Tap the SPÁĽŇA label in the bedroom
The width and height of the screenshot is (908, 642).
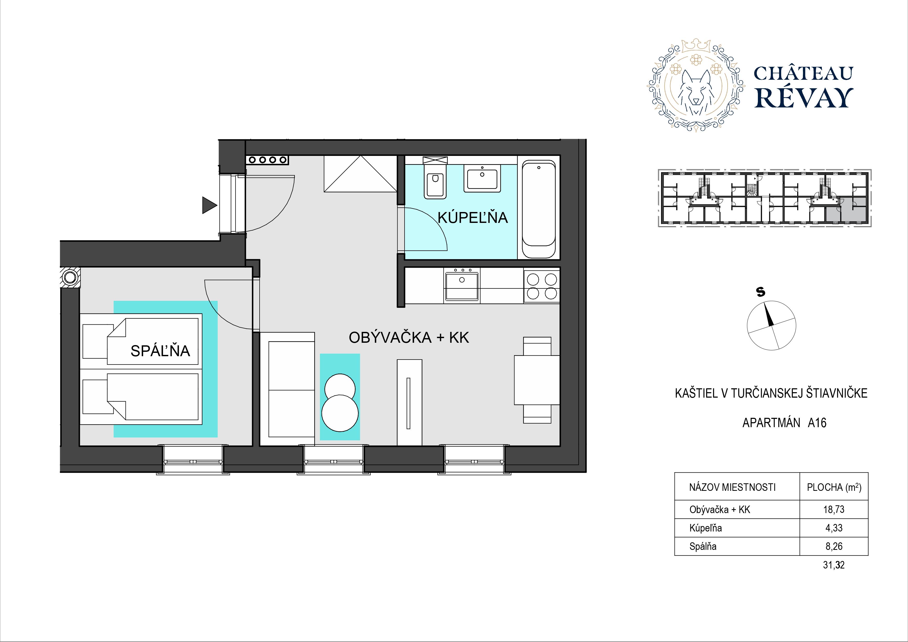(x=160, y=351)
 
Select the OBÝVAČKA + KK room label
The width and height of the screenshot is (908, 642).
(x=409, y=337)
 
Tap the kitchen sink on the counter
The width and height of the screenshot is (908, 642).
(x=462, y=285)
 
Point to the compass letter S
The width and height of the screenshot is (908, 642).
(x=760, y=292)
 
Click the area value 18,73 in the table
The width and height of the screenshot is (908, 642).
(x=834, y=509)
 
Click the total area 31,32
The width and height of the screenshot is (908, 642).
(x=834, y=565)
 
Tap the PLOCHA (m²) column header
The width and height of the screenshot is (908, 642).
(x=834, y=487)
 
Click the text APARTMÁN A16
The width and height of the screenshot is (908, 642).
(x=784, y=423)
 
